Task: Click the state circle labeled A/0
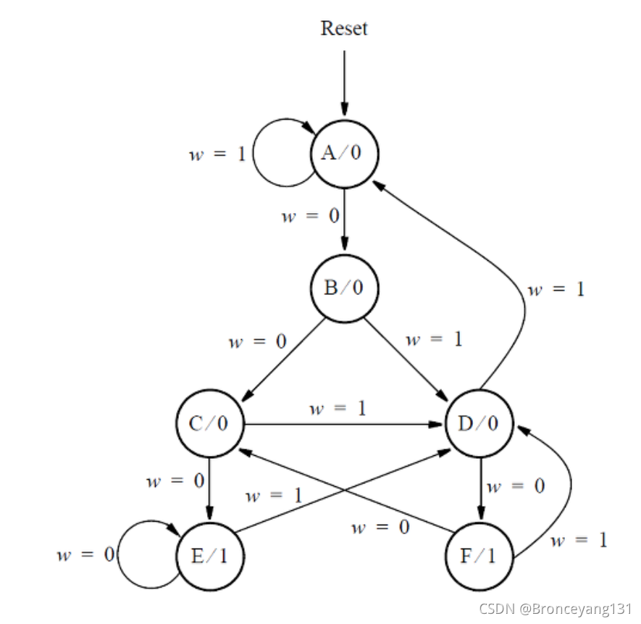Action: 344,153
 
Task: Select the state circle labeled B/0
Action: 344,287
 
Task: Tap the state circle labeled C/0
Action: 209,423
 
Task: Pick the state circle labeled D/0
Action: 479,423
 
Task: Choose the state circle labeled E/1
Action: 209,557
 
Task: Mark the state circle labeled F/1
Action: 479,557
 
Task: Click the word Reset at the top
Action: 344,28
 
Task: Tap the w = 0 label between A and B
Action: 309,217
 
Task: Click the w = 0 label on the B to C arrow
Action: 256,341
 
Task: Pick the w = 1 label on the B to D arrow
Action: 433,338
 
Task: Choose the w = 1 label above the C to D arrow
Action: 338,408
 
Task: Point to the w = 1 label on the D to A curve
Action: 556,289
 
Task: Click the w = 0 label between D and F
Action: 516,486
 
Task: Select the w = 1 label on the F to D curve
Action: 578,540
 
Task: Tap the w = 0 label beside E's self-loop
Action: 86,556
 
